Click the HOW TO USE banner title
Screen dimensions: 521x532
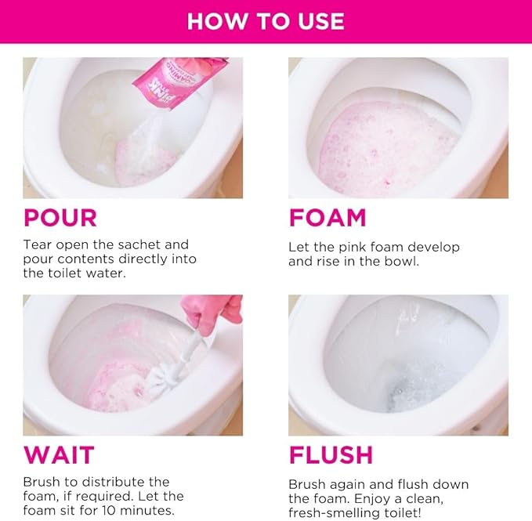[x=266, y=21]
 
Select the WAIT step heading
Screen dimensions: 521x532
[x=59, y=455]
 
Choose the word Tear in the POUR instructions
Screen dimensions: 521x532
[x=38, y=244]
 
